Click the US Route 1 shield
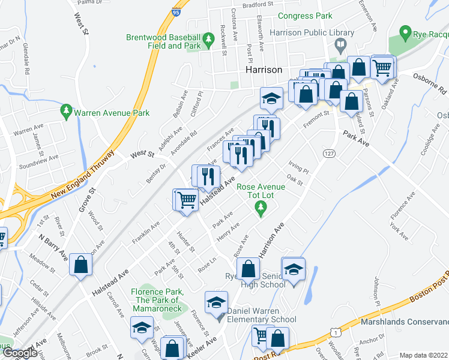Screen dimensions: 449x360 [x=334, y=332]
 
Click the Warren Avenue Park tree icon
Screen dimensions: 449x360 [x=66, y=112]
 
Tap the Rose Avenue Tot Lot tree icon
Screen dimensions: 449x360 [x=261, y=208]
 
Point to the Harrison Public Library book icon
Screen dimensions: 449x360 [x=340, y=45]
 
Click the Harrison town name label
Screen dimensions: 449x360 [x=264, y=70]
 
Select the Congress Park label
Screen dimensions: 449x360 [x=305, y=15]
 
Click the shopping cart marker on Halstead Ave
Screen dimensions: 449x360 [x=187, y=199]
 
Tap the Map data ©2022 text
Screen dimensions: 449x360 [x=423, y=355]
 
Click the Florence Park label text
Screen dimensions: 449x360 [x=155, y=296]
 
